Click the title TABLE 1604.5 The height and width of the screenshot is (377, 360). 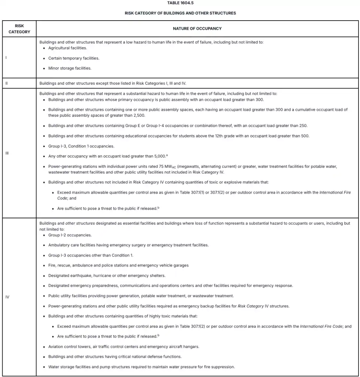click(180, 3)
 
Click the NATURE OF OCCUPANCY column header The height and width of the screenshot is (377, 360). click(197, 28)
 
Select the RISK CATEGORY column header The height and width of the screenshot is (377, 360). click(19, 29)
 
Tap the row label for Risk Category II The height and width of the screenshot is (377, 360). click(6, 83)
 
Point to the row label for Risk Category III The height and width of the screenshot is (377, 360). click(7, 153)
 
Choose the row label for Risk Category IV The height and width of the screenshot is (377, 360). click(7, 297)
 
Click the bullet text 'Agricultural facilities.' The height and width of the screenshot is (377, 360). click(68, 48)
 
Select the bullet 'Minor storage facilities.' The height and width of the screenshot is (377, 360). click(70, 68)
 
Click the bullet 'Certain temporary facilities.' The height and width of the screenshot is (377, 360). click(74, 58)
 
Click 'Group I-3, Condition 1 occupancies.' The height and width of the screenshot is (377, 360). click(81, 146)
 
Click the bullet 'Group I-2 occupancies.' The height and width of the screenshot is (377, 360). click(70, 235)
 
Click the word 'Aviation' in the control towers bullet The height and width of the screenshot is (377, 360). click(56, 346)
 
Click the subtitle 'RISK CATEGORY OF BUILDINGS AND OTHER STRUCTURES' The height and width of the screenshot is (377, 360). click(180, 13)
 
